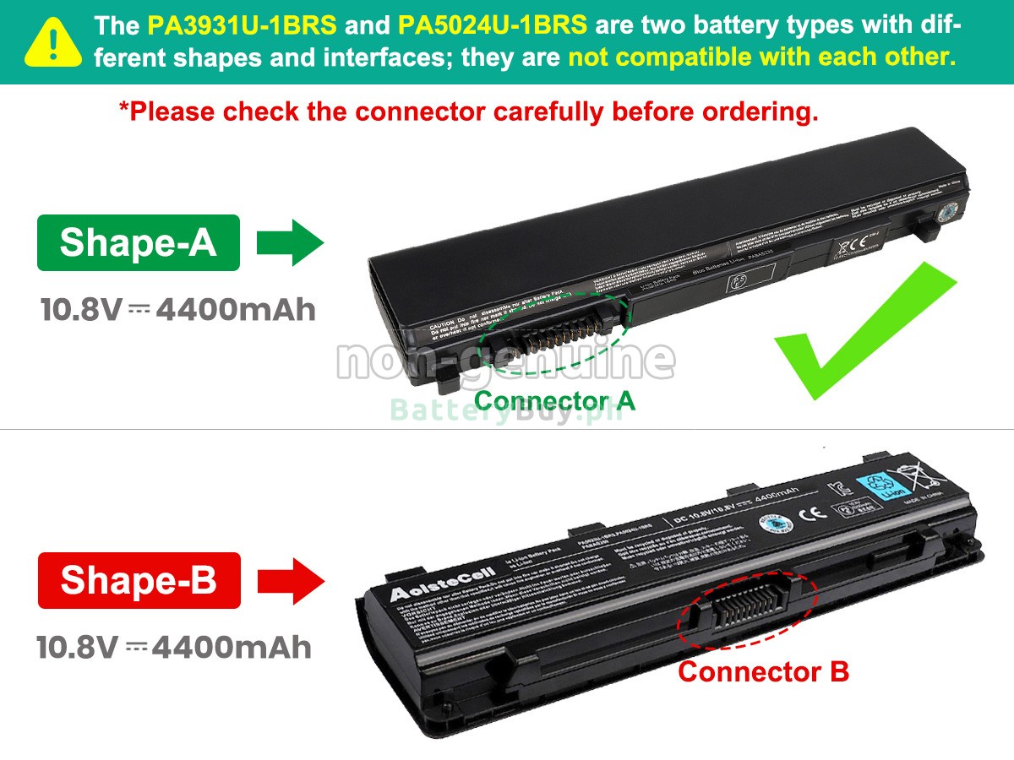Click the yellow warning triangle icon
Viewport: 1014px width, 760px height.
point(53,41)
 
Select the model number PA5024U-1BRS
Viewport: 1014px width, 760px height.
point(492,25)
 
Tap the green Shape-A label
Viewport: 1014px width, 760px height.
point(138,242)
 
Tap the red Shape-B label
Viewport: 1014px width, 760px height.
point(139,580)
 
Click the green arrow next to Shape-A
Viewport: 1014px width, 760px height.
point(290,243)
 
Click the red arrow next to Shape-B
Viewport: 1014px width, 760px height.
point(291,580)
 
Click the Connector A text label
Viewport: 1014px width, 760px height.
point(554,400)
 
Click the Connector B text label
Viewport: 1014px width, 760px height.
point(763,672)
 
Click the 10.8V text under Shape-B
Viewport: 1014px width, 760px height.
point(78,648)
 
